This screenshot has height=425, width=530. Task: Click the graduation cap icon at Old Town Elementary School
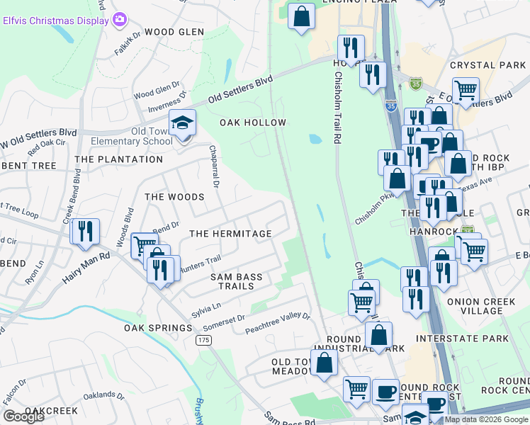(x=182, y=123)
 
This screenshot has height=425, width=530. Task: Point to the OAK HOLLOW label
(x=253, y=123)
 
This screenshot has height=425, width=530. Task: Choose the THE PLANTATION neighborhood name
(x=119, y=159)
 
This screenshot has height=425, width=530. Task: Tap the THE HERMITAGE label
(x=230, y=234)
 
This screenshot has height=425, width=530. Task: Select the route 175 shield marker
(x=203, y=341)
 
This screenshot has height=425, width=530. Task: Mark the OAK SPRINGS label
(x=158, y=328)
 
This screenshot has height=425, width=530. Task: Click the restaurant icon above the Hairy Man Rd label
(x=85, y=232)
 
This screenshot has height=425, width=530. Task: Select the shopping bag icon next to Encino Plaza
(x=301, y=16)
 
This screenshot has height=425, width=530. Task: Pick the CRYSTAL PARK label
(x=487, y=65)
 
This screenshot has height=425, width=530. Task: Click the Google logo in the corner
(x=23, y=416)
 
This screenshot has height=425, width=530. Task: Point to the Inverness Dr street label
(x=166, y=103)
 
